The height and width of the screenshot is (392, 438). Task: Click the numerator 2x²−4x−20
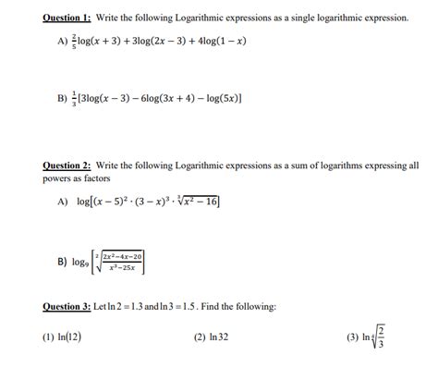(123, 256)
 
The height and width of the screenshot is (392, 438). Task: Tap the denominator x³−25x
(122, 268)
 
